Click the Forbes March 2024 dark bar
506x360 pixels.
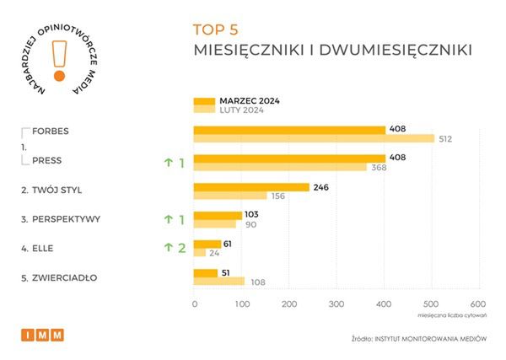point(289,129)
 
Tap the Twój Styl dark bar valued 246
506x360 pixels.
point(251,187)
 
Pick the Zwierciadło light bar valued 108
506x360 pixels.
point(219,282)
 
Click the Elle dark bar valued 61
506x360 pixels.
point(207,243)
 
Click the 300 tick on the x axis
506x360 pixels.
point(337,304)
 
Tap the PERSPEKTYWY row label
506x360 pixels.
point(61,219)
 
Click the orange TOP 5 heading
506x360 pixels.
point(217,30)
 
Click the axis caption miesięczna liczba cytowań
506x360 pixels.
point(452,317)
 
